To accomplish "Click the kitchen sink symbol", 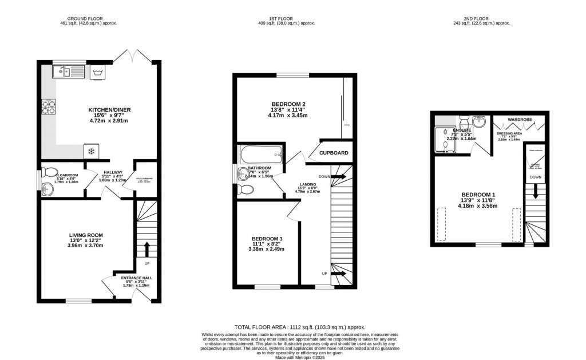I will tap(68, 72).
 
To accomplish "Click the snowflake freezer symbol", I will tap(90, 151).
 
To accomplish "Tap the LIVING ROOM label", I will tap(86, 235).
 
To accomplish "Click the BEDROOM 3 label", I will tap(267, 238).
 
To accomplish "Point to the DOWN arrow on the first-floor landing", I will tap(339, 176).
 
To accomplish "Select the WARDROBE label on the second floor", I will tap(518, 119).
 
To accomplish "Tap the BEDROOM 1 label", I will tap(478, 195).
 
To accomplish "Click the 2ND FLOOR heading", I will tap(481, 18).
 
